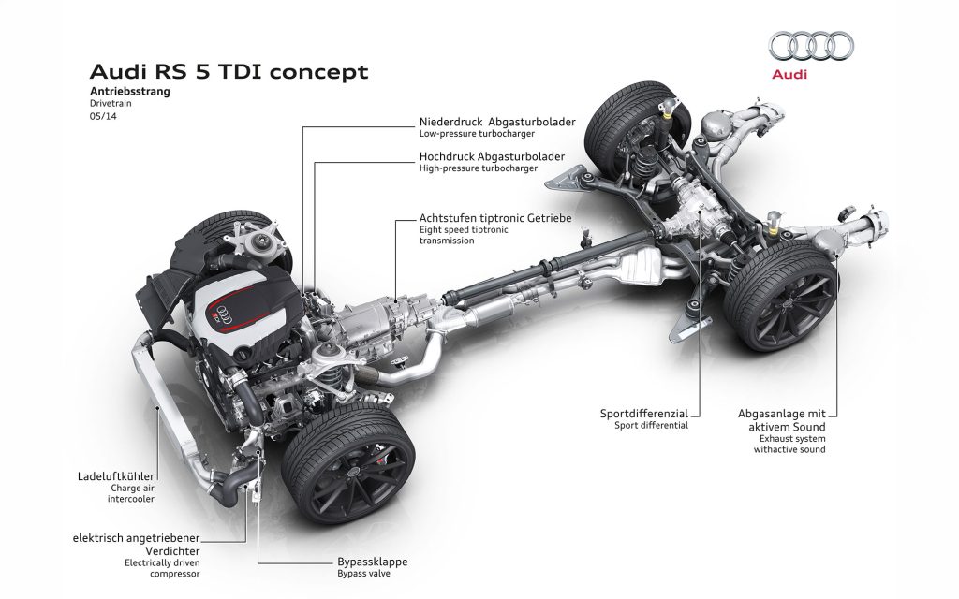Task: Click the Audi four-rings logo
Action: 810,46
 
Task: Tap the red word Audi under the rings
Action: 789,74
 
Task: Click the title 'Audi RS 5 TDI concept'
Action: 229,72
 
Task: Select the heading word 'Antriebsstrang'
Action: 130,92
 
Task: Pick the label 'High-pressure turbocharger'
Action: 479,169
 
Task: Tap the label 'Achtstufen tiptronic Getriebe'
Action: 495,218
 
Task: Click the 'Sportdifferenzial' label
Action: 644,413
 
